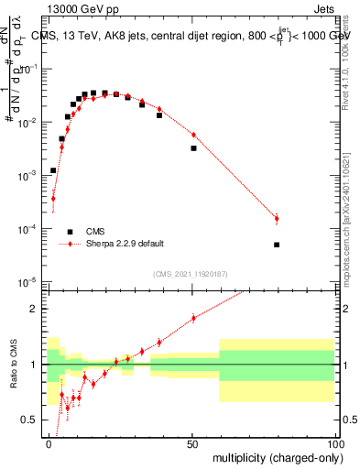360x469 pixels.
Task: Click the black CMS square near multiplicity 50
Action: (x=193, y=147)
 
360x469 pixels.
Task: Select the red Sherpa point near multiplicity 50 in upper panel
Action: (x=193, y=136)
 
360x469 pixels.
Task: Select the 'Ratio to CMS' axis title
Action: (x=15, y=377)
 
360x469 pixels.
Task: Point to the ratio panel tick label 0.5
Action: (x=31, y=420)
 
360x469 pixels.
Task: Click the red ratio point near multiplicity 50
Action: (x=193, y=318)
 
